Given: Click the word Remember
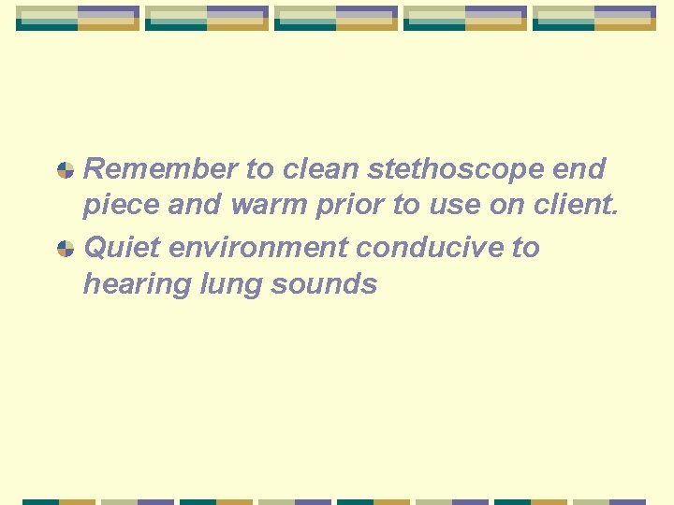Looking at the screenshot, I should click(x=160, y=169).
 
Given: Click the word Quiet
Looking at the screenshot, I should click(x=120, y=248).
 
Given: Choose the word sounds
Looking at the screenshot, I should click(x=323, y=283).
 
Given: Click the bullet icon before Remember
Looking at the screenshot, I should click(x=66, y=170).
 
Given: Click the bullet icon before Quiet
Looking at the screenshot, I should click(x=66, y=249).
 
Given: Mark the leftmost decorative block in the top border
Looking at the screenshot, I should click(x=78, y=19).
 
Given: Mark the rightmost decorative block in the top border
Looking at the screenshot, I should click(x=594, y=19).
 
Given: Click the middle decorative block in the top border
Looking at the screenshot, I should click(x=336, y=19).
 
